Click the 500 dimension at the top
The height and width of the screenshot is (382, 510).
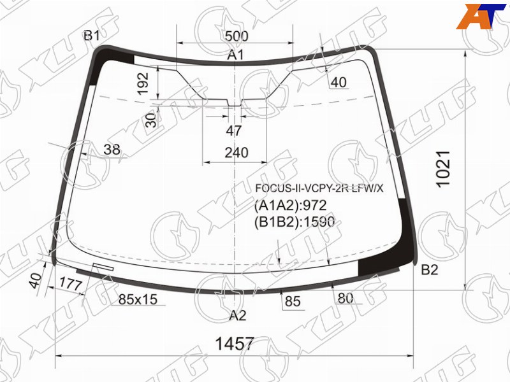(x=237, y=36)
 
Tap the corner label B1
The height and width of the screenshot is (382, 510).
(x=92, y=35)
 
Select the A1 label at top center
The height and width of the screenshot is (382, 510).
(x=235, y=55)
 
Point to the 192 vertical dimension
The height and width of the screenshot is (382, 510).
(x=143, y=83)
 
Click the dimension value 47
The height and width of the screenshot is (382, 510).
(x=234, y=131)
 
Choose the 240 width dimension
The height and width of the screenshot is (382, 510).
(x=237, y=152)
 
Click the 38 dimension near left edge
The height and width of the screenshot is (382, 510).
(x=112, y=150)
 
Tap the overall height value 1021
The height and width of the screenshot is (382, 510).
(x=443, y=169)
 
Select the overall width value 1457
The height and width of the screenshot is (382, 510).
(x=235, y=343)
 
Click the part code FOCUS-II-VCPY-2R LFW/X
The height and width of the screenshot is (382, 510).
(x=319, y=188)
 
